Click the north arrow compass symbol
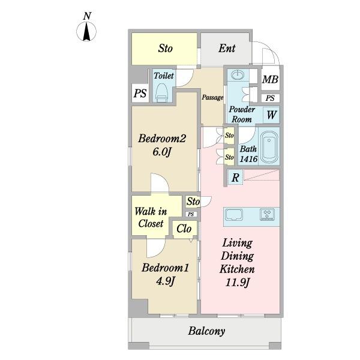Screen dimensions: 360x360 point(86,31)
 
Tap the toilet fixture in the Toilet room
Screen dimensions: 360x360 point(163,92)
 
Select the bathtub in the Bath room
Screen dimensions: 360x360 point(269,146)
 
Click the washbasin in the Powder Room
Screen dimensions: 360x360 point(238,74)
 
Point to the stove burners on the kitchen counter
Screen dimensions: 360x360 point(267,214)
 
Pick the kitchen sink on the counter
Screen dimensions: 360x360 point(234,215)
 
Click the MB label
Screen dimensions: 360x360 point(270,79)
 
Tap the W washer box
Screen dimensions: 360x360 point(271,115)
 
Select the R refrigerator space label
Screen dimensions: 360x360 point(235,178)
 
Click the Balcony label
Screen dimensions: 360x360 point(206,331)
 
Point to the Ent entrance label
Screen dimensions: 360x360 point(227,48)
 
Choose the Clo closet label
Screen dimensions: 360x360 point(184,229)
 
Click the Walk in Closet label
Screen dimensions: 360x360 point(151,217)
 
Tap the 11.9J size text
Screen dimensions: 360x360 point(238,283)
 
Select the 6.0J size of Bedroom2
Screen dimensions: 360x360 point(162,152)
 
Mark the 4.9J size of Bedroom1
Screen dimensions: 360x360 point(166,281)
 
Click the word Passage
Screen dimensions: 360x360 point(212,98)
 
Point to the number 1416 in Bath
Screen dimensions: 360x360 point(248,159)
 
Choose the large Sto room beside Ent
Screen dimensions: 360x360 point(164,49)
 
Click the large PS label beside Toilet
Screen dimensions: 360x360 point(140,93)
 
